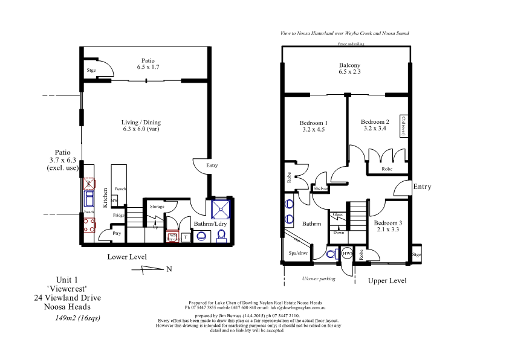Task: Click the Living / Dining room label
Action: [141, 123]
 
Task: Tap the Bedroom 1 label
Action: [313, 123]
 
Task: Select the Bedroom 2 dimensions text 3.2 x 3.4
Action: [375, 128]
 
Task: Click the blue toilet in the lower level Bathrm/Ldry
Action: [221, 236]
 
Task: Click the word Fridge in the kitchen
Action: [118, 215]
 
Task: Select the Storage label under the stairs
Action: [157, 207]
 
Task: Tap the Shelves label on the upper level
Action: [320, 188]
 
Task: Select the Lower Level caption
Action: [127, 257]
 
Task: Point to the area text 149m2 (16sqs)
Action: [77, 318]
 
